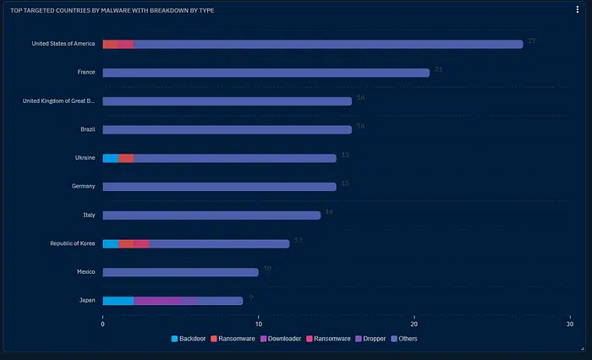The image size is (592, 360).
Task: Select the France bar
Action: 266,73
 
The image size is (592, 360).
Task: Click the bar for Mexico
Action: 180,272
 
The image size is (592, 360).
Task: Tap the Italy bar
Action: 211,215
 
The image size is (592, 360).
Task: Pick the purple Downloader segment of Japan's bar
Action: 157,301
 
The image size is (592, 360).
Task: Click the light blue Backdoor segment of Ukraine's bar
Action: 110,158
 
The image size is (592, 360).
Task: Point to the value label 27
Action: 531,41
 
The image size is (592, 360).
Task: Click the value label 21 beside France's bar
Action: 438,69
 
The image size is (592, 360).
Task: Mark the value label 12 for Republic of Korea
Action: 298,240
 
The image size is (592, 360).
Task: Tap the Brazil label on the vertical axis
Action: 87,129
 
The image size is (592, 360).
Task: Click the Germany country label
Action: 83,186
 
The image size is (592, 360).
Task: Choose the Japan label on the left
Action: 86,300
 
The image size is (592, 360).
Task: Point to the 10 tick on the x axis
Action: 259,324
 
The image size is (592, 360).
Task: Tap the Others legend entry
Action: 405,339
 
